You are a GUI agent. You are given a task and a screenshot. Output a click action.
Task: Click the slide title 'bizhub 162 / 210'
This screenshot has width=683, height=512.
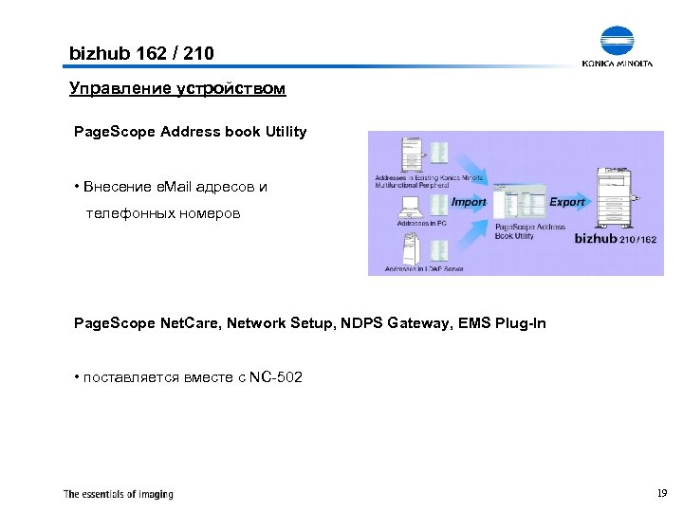(x=141, y=54)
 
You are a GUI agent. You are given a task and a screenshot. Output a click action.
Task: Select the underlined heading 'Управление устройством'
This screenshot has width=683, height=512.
(x=176, y=89)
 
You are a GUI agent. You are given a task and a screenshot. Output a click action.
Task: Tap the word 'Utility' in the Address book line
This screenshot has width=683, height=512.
(x=282, y=132)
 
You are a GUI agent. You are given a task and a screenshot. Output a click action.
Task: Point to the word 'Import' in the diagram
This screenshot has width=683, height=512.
(x=469, y=202)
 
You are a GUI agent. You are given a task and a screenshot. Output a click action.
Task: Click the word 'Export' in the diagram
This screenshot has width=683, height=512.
(x=567, y=202)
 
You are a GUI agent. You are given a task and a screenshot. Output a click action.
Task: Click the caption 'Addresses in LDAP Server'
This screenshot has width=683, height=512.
(x=424, y=269)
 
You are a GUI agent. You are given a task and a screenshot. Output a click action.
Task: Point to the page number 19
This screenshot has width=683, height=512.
(x=661, y=493)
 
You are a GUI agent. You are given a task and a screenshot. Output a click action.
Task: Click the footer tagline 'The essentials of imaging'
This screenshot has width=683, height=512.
(x=119, y=494)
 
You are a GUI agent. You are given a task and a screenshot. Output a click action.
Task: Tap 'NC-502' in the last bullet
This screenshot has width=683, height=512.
(x=276, y=378)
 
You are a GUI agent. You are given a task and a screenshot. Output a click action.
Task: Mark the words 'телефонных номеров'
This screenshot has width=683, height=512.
(x=163, y=214)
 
